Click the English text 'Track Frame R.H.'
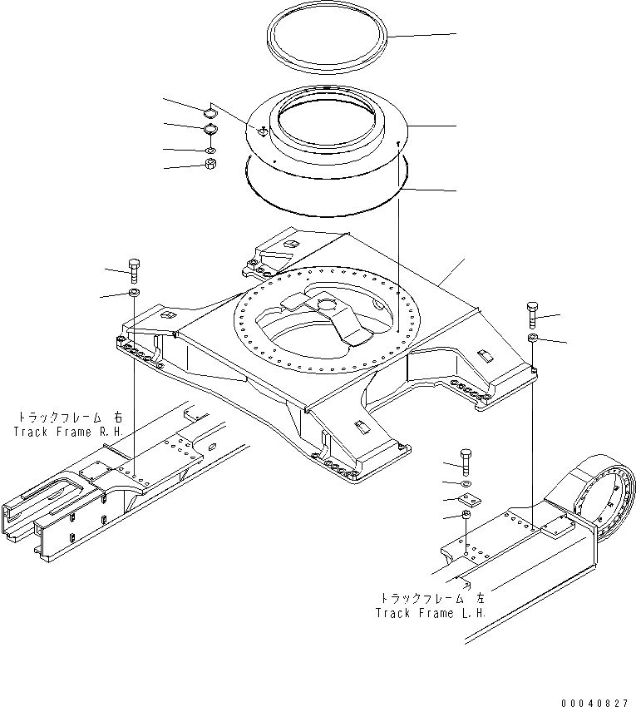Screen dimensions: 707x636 [68, 432]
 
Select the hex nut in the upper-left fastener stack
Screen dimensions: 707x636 [210, 165]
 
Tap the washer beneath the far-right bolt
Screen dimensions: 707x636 [534, 338]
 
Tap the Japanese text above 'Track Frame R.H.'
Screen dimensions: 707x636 [69, 417]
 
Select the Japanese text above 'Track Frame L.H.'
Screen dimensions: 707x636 [431, 598]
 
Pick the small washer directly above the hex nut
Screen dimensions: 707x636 [210, 150]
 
